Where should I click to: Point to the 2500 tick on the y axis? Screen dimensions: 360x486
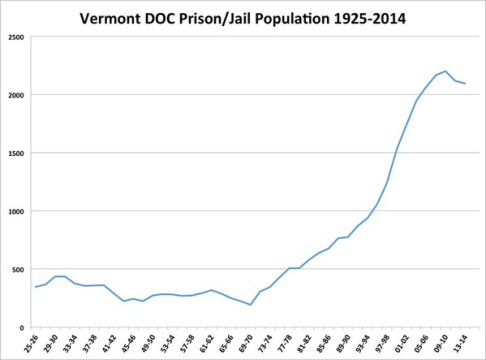pos(17,37)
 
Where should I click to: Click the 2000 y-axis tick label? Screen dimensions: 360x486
pos(17,95)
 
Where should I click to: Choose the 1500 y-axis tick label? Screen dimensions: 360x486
pos(17,153)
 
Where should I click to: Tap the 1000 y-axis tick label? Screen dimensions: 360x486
pos(17,211)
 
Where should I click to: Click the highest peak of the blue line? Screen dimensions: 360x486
pos(445,71)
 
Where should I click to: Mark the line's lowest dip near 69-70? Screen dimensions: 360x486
pos(250,305)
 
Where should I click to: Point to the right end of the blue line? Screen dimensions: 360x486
pos(464,83)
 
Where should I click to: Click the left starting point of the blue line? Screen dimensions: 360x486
pos(35,287)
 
